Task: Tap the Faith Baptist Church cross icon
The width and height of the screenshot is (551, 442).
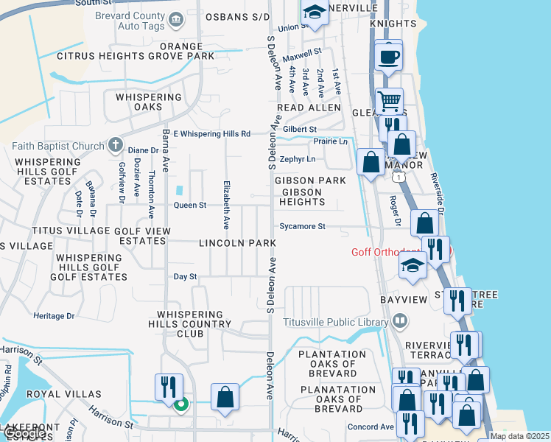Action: [x=116, y=146]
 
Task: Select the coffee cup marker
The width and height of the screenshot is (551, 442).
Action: [x=388, y=55]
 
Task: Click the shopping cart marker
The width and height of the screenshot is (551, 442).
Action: [x=389, y=99]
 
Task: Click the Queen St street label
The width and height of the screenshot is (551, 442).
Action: [x=190, y=206]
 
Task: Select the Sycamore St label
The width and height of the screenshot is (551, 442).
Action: [x=302, y=226]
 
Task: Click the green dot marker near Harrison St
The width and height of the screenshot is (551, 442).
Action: [x=179, y=403]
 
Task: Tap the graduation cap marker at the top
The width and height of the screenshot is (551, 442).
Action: [x=315, y=13]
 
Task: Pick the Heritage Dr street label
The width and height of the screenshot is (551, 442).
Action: [x=54, y=315]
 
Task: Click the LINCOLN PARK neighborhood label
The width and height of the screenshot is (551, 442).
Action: [x=236, y=243]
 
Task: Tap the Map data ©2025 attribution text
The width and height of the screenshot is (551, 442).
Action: [x=518, y=436]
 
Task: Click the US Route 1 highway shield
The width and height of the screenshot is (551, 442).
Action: [x=399, y=178]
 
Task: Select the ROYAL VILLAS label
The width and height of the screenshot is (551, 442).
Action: [x=53, y=394]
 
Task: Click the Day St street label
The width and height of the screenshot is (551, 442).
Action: [x=185, y=277]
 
